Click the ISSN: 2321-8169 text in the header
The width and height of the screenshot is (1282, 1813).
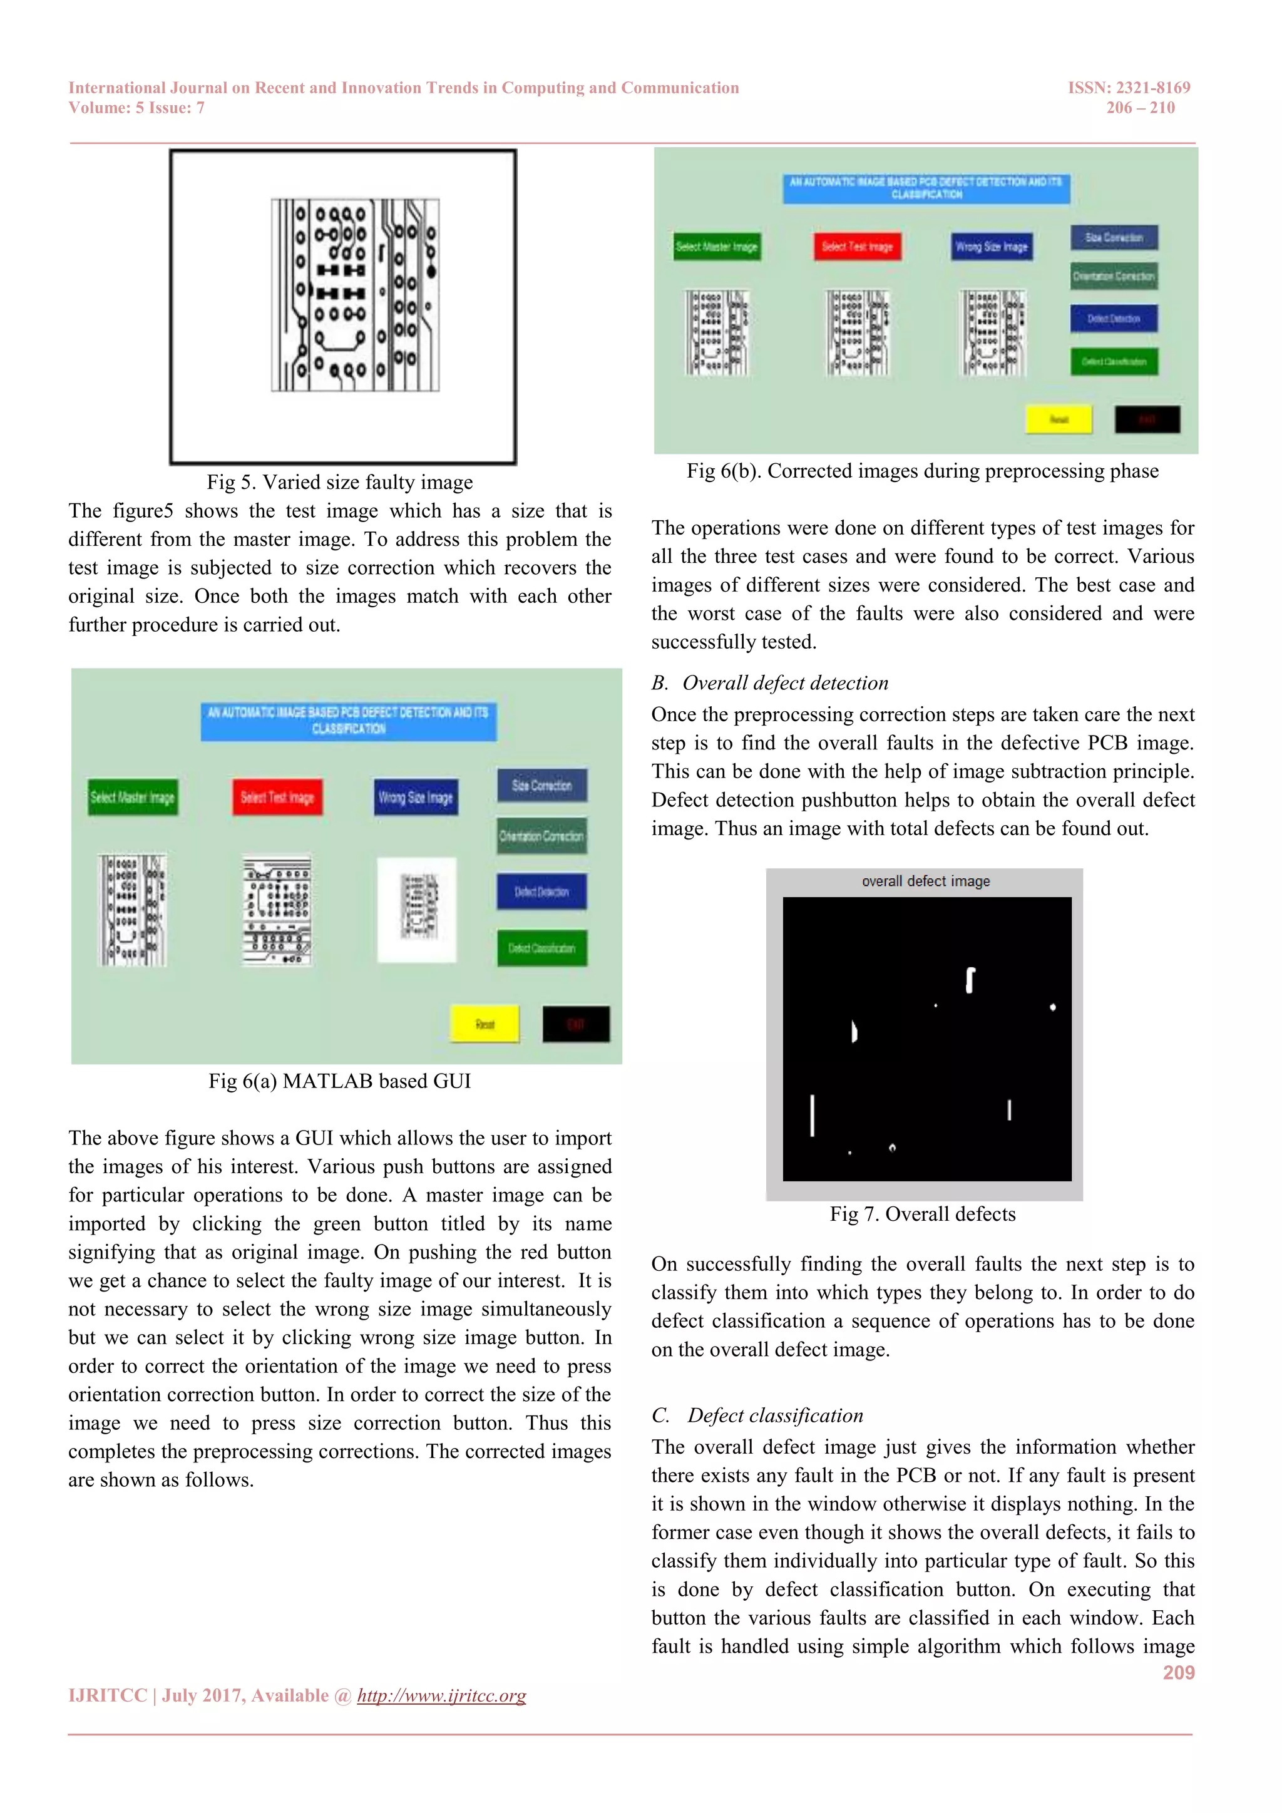[1128, 88]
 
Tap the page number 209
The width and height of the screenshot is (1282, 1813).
[1178, 1672]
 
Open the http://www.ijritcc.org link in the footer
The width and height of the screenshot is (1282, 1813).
[441, 1695]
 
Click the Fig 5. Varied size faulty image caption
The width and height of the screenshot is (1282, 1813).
[339, 483]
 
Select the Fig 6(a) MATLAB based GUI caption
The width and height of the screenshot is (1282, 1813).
[339, 1081]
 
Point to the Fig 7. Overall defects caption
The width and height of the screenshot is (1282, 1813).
[922, 1214]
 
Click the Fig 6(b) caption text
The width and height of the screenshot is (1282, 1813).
[922, 471]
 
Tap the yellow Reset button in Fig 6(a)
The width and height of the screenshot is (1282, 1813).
[485, 1024]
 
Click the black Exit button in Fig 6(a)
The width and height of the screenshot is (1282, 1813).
[575, 1024]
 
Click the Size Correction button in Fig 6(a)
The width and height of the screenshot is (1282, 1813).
[541, 786]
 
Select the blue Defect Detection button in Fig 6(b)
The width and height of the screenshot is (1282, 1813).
[1113, 318]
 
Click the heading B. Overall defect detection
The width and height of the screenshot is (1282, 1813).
[770, 683]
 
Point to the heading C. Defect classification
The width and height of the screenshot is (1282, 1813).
[758, 1415]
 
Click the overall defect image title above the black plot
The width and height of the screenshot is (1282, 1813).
[925, 881]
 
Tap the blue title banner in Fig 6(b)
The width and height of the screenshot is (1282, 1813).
[926, 188]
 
